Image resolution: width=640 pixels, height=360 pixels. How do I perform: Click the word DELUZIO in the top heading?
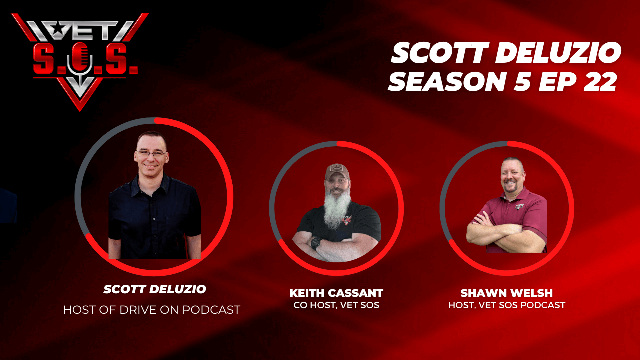coord(558,53)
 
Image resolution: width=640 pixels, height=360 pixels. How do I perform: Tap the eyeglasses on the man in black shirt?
coord(151,154)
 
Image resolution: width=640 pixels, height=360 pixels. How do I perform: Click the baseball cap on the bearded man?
coord(337,171)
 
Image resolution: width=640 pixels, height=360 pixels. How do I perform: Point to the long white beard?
coord(337,210)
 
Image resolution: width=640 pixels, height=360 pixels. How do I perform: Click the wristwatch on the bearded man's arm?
coord(316,243)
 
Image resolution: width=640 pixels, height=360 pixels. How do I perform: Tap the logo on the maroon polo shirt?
coord(520,206)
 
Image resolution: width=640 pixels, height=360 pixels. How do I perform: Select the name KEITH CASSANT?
coord(336,293)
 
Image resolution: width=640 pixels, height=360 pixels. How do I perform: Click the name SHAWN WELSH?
coord(507,293)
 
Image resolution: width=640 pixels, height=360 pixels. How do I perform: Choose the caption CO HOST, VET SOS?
coord(336,305)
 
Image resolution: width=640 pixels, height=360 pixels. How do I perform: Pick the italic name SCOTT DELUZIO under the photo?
coord(155,289)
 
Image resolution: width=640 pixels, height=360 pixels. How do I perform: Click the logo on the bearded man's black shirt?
coord(347,220)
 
